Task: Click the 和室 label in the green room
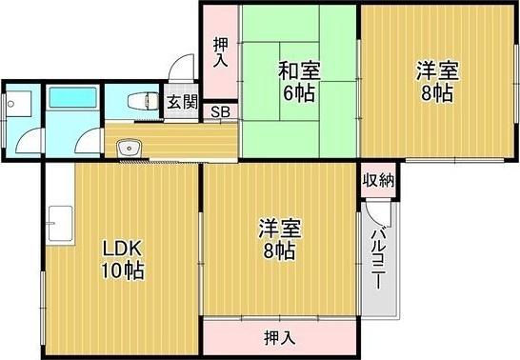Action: pyautogui.click(x=298, y=70)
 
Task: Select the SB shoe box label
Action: pyautogui.click(x=220, y=112)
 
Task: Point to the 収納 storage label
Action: pyautogui.click(x=379, y=179)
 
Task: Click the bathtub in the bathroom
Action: pyautogui.click(x=70, y=100)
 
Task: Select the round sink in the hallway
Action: pyautogui.click(x=127, y=148)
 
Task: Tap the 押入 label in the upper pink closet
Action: pyautogui.click(x=219, y=51)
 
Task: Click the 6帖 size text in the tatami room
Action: pyautogui.click(x=298, y=93)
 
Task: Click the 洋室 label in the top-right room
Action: pyautogui.click(x=437, y=70)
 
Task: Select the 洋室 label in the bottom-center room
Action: pyautogui.click(x=280, y=230)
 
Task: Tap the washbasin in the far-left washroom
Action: pyautogui.click(x=18, y=100)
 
